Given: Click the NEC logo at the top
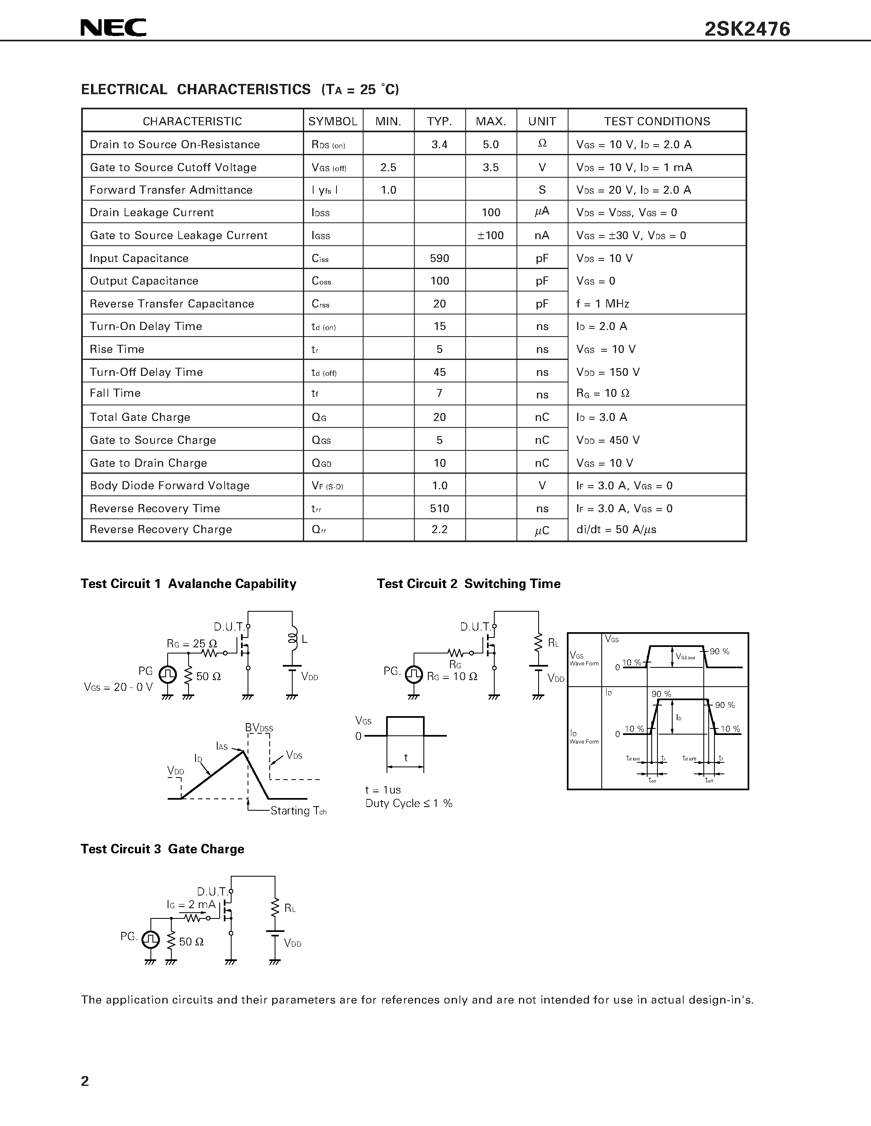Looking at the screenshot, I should coord(114,28).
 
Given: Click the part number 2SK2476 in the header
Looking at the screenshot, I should coord(747,29).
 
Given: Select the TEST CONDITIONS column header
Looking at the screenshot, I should coord(657,121).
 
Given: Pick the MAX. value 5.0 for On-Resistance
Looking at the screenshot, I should coord(490,145).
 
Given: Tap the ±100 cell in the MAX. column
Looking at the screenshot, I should coord(490,235).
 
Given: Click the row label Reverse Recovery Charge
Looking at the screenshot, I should coord(161,529).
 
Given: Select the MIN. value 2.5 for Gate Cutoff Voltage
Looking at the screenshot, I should coord(388,167).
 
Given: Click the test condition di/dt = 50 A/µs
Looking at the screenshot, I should coord(616,529).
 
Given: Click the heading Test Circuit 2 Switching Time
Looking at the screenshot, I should coord(468,583).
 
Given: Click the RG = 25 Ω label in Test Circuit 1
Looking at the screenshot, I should coord(191,643).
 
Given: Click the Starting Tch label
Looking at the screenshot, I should coord(298,810).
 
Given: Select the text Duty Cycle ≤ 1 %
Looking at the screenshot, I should coord(408,803).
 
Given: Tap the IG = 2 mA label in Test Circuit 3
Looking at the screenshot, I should coord(191,904).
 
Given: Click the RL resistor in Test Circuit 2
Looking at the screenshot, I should coord(538,642).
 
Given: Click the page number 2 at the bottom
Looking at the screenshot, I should coord(85,1081).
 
